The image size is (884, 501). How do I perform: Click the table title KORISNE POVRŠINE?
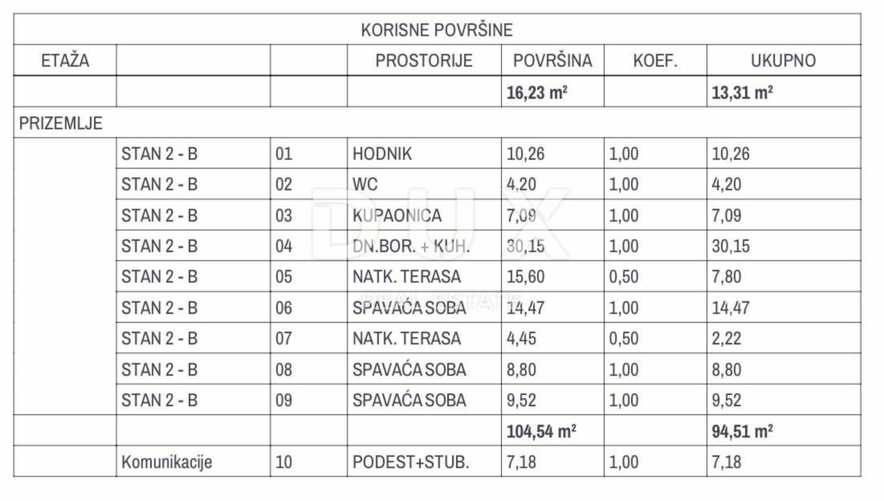[x=437, y=30]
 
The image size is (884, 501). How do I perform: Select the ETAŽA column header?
[x=65, y=61]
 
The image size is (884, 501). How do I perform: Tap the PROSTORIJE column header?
[x=424, y=61]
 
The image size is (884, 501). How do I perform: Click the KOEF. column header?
[x=655, y=61]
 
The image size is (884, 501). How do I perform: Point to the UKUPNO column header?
[x=783, y=61]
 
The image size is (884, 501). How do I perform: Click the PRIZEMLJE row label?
[x=61, y=123]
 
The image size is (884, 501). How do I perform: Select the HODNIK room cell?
[x=382, y=154]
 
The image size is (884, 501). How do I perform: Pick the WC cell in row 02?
[x=365, y=184]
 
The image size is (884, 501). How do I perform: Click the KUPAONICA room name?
[x=397, y=216]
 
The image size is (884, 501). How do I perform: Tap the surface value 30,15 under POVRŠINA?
[x=526, y=246]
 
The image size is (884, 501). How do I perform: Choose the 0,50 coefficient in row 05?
[x=624, y=277]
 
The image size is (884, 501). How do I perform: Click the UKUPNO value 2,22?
[x=726, y=339]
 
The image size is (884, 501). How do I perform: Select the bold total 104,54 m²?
[x=541, y=431]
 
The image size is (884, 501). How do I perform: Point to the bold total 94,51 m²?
[x=742, y=431]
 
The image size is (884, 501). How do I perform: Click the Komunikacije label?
[x=167, y=462]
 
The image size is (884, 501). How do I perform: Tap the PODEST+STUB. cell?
[x=411, y=462]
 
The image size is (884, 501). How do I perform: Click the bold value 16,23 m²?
[x=537, y=93]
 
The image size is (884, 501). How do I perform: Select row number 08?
[x=283, y=370]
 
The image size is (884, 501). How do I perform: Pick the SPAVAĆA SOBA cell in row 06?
[x=409, y=308]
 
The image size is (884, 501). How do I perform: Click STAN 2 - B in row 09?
[x=159, y=400]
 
